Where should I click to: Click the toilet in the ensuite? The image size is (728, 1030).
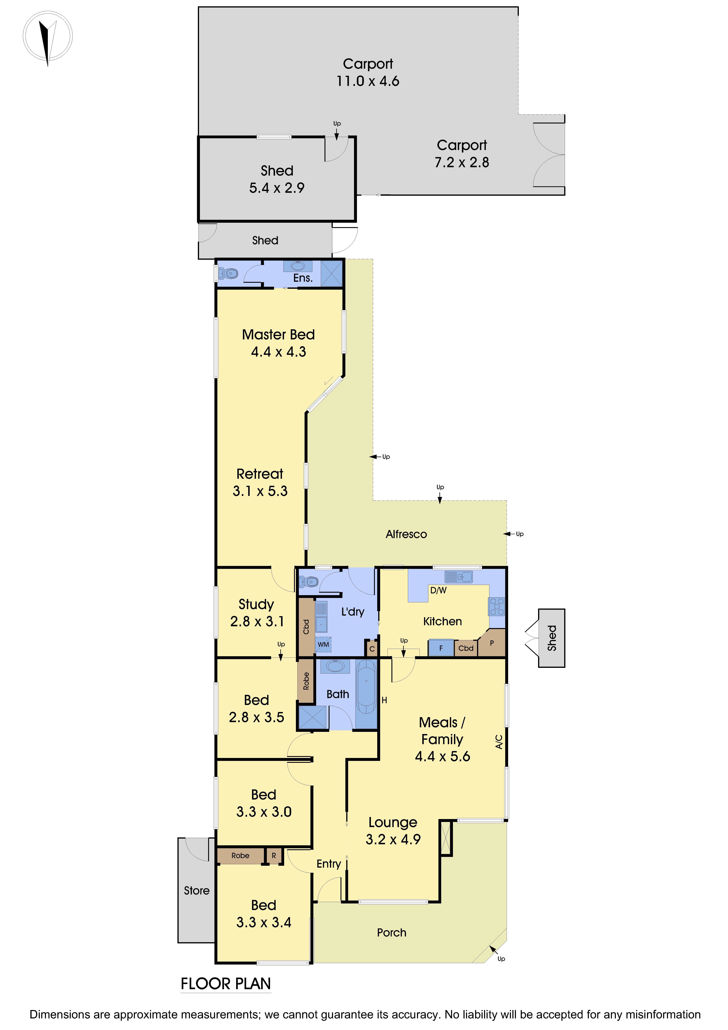tap(229, 273)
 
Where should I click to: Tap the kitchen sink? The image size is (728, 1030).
tap(458, 577)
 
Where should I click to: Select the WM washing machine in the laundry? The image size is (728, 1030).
tap(323, 644)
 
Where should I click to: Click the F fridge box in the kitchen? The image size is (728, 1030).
tap(441, 648)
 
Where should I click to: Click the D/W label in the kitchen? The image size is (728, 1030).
tap(438, 590)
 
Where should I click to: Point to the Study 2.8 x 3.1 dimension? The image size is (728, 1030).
tap(257, 621)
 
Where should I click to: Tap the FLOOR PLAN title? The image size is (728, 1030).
tap(226, 984)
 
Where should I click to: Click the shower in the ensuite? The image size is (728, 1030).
tap(332, 273)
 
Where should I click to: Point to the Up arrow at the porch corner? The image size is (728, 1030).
tap(494, 950)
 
